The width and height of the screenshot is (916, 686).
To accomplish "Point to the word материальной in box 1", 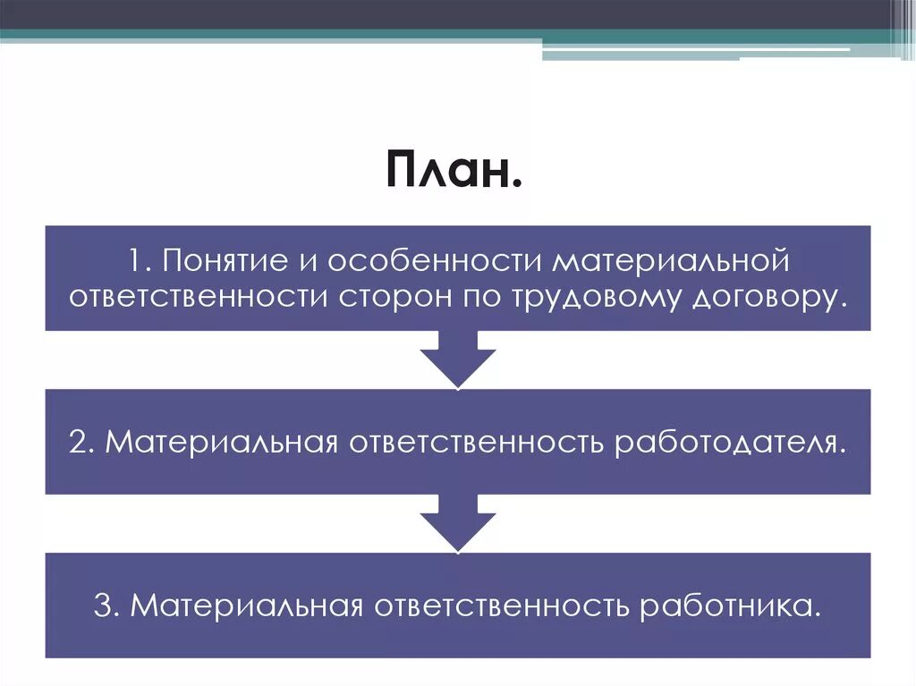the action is (x=670, y=263).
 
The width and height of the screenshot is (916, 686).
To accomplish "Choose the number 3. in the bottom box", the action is (x=108, y=606).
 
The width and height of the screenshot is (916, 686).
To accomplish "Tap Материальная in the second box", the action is (x=220, y=443).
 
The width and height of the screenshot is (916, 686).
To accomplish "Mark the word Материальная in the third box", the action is (x=246, y=606).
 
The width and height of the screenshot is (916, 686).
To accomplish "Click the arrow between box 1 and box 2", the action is (x=458, y=360).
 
